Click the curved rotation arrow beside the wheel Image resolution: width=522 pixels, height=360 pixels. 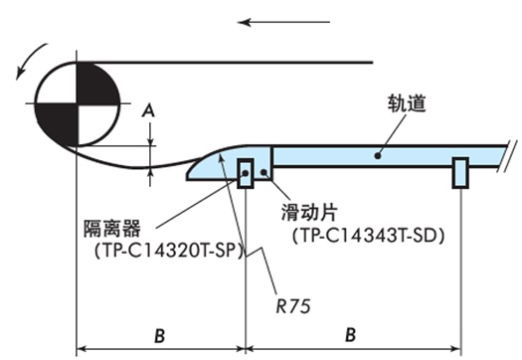(x=22, y=61)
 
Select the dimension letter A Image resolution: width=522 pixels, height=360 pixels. (x=149, y=112)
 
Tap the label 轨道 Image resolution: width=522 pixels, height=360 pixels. (x=408, y=103)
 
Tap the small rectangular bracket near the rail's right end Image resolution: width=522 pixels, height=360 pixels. (x=459, y=172)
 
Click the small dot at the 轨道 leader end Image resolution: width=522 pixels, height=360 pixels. (x=377, y=154)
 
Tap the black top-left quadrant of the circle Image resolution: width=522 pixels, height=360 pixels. (x=57, y=83)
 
